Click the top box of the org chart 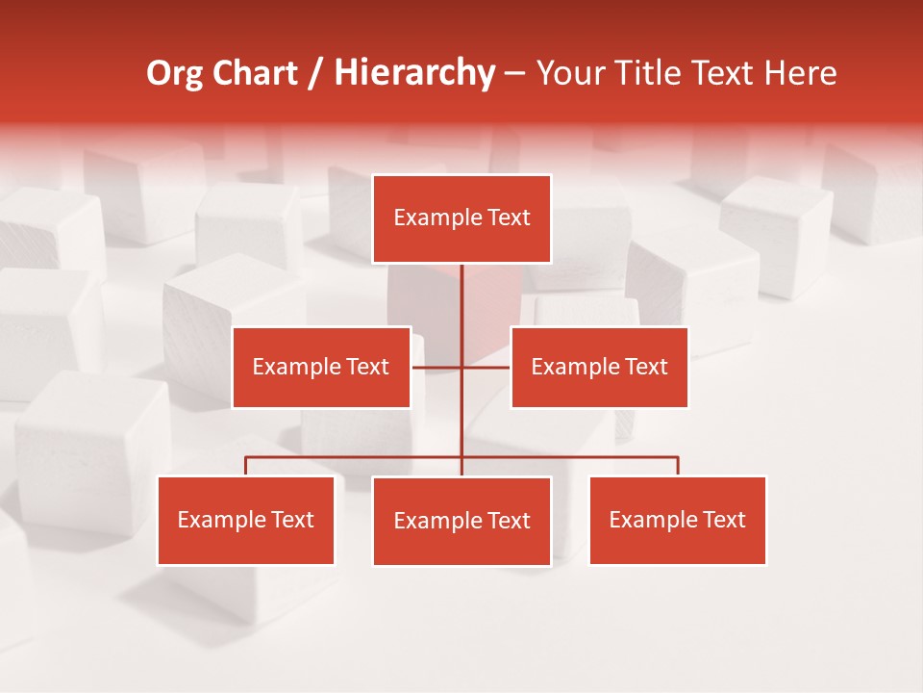[x=461, y=218]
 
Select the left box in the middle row [x=321, y=367]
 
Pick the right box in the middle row [x=599, y=367]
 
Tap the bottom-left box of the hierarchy [x=246, y=520]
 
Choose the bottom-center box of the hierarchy [x=461, y=521]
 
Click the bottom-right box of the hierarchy [x=677, y=520]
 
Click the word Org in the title [x=174, y=73]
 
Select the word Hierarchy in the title [x=413, y=73]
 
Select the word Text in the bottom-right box [x=723, y=520]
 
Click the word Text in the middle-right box [x=645, y=367]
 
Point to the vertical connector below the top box [x=461, y=298]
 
